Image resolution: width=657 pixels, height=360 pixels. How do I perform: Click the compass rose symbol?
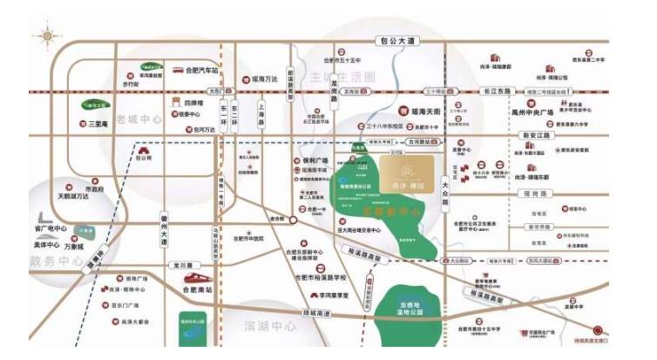[x=44, y=36]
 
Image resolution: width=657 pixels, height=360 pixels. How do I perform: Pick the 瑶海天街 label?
[x=425, y=112]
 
